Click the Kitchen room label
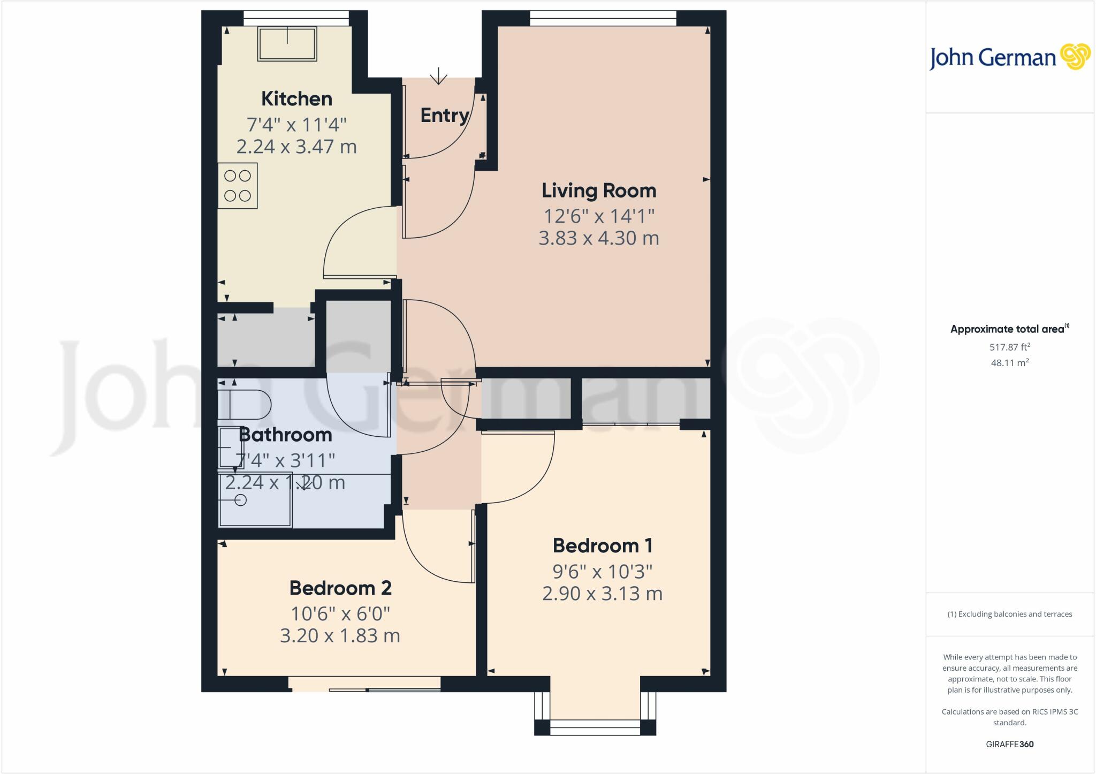pos(296,99)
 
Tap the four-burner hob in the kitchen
pos(238,185)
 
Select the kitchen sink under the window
pos(287,43)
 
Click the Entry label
pos(444,116)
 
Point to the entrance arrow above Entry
pos(438,76)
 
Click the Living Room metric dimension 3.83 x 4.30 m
pos(598,238)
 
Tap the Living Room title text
pos(598,191)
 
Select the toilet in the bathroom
pos(244,405)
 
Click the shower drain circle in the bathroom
pos(241,500)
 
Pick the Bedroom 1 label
pos(602,546)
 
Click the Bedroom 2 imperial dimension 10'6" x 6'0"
pos(340,613)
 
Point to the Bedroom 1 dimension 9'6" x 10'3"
pos(602,572)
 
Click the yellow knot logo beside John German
pos(1075,57)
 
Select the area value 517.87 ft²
pos(1009,347)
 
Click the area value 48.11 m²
pos(1009,363)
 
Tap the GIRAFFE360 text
pos(1009,744)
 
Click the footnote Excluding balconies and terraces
pos(1009,614)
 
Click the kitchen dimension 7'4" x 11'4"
pos(296,125)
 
